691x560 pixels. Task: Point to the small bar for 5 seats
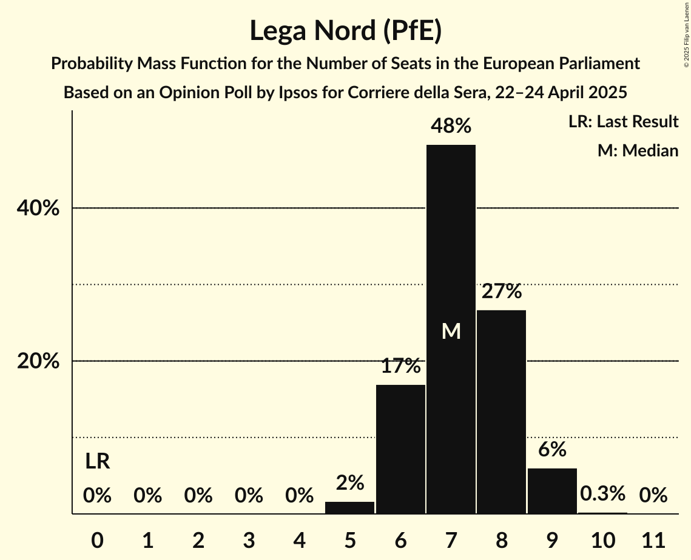coord(349,508)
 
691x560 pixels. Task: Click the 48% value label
coord(451,126)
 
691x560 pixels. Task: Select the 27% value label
coord(502,292)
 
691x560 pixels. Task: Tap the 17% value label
coord(400,366)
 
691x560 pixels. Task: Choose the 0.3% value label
coord(602,494)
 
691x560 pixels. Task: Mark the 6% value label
coord(552,450)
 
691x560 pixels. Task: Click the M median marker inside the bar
coord(451,332)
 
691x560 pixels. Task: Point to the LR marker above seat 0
coord(97,462)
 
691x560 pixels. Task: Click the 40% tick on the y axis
coord(38,208)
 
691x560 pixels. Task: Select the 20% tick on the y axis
coord(38,361)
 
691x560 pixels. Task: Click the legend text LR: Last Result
coord(623,122)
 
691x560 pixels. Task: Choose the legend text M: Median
coord(638,150)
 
